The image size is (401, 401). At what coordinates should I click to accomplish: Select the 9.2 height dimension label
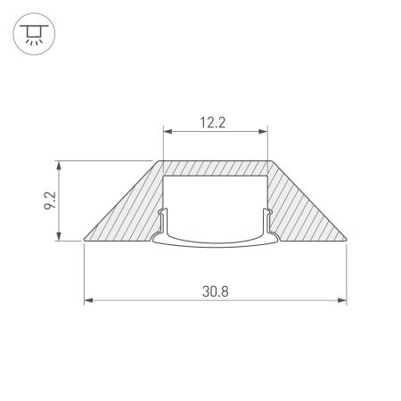(50, 200)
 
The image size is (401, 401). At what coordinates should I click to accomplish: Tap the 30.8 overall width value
(215, 290)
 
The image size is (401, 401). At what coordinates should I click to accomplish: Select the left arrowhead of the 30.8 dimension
(88, 301)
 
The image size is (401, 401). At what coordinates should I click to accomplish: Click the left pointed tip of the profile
(85, 239)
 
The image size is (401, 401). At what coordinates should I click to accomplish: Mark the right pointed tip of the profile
(346, 239)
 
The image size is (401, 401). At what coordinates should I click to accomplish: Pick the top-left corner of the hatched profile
(162, 162)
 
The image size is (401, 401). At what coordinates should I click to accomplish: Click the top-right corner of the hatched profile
(269, 162)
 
